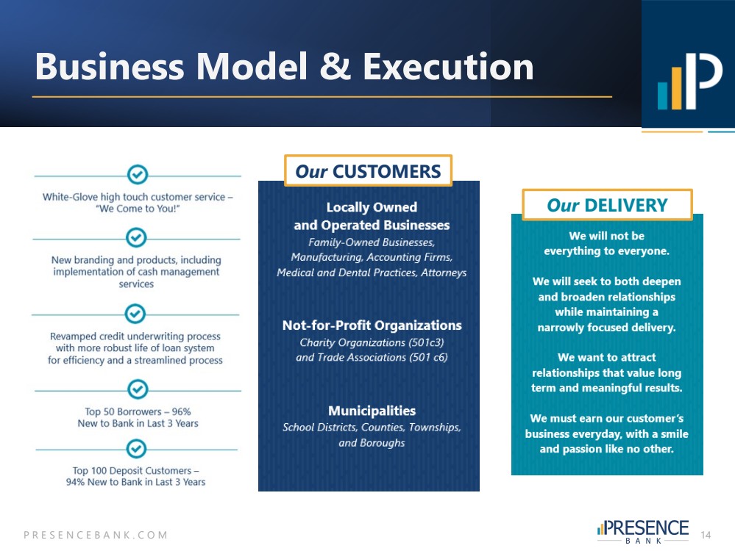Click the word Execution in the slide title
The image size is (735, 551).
click(x=448, y=66)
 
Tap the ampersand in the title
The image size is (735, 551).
click(x=335, y=66)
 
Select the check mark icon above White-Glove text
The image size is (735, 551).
click(x=138, y=175)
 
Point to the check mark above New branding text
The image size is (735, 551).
click(x=136, y=237)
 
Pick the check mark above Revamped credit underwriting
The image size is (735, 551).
click(x=135, y=313)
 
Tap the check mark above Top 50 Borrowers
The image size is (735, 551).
click(x=138, y=389)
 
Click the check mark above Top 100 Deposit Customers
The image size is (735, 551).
click(x=136, y=448)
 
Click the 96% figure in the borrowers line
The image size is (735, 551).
click(x=182, y=411)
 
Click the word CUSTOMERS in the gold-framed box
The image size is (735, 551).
click(x=387, y=171)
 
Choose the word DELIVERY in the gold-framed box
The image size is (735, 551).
click(x=626, y=205)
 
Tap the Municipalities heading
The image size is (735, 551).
click(x=372, y=411)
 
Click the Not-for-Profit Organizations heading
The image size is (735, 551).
click(x=372, y=325)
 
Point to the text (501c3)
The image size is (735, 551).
click(x=426, y=342)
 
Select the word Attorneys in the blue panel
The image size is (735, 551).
click(x=444, y=273)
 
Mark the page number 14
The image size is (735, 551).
click(x=706, y=535)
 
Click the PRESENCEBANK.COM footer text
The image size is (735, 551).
click(x=96, y=535)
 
